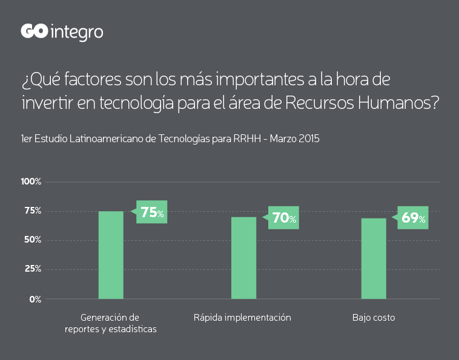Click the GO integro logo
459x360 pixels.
[x=62, y=32]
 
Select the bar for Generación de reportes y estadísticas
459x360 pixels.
[x=111, y=255]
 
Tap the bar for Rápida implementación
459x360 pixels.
[x=243, y=258]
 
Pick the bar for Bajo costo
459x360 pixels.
[x=374, y=258]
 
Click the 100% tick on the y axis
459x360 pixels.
[x=31, y=182]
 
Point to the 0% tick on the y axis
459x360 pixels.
[x=35, y=299]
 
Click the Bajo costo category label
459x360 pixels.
[x=374, y=318]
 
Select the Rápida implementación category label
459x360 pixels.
[x=242, y=318]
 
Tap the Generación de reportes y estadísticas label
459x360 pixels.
[x=111, y=323]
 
